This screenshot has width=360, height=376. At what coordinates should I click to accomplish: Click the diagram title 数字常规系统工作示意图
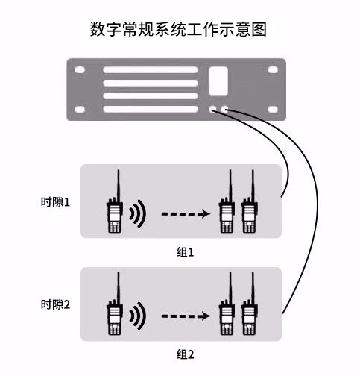tap(178, 29)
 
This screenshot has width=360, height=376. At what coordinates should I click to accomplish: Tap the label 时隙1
tap(55, 202)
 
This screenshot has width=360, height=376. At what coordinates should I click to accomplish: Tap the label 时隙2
tap(55, 304)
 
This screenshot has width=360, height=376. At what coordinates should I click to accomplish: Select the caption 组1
tap(185, 252)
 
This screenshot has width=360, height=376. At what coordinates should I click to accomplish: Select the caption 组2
tap(185, 354)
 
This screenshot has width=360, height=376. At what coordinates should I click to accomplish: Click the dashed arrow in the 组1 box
tap(186, 213)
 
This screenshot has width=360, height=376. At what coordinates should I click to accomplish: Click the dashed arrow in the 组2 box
tap(186, 316)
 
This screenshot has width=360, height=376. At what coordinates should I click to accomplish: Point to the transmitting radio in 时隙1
tap(115, 201)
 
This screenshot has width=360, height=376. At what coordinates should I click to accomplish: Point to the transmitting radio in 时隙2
tap(115, 304)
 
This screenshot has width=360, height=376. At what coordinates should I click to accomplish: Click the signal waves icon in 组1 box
tap(137, 213)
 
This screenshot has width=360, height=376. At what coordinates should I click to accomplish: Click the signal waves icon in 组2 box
tap(137, 316)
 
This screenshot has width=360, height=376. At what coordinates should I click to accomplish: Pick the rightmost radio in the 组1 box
tap(250, 201)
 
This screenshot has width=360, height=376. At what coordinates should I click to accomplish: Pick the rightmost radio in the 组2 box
tap(250, 304)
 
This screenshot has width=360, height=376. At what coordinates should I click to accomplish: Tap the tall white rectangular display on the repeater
tap(218, 81)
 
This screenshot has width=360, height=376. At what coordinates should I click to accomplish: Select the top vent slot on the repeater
tap(151, 70)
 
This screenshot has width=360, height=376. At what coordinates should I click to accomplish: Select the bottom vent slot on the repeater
tap(151, 109)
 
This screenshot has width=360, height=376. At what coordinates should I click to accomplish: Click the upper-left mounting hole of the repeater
tap(80, 70)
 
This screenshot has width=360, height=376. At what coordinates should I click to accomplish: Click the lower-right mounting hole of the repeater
tap(273, 109)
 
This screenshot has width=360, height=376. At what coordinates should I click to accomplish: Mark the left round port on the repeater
tap(213, 109)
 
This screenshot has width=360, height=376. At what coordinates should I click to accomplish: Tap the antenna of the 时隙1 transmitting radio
tap(119, 185)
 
